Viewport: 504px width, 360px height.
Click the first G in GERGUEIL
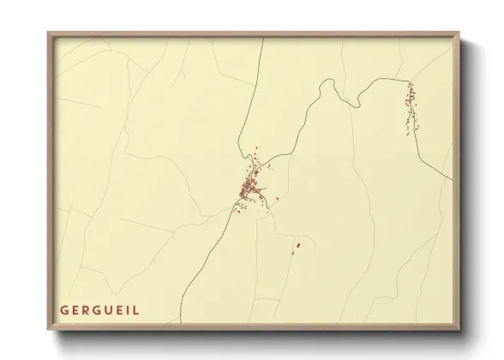[x=64, y=309]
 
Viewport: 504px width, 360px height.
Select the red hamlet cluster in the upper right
[x=411, y=105]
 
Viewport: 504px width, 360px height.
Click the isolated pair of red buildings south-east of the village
[x=297, y=246]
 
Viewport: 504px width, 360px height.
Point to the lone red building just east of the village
[x=276, y=200]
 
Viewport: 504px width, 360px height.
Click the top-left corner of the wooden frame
[x=49, y=33]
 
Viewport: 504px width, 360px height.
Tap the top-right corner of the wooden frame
[x=460, y=33]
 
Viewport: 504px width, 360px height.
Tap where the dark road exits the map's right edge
[x=453, y=179]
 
